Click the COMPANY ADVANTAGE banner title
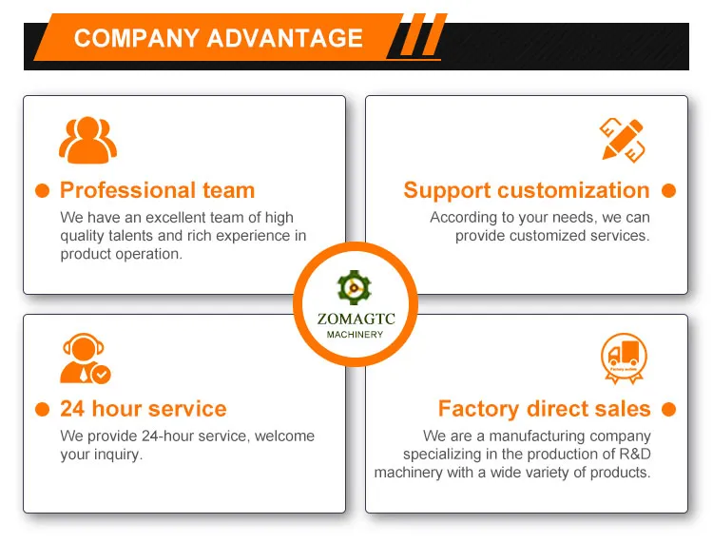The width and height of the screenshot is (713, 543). point(218,38)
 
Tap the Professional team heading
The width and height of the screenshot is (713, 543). point(157,190)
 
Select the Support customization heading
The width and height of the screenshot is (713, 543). point(527,190)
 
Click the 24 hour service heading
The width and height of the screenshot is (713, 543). point(144,409)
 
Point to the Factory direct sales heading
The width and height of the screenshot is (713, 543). point(544,409)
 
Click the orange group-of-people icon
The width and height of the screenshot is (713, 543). point(87,139)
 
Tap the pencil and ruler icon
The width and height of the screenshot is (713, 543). point(623,140)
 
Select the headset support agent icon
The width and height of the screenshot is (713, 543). point(85,359)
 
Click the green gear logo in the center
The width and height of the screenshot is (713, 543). point(356,287)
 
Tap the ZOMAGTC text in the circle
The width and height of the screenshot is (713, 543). point(356,320)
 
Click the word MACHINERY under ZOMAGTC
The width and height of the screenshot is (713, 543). point(356,335)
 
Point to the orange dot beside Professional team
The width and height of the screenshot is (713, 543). point(42,190)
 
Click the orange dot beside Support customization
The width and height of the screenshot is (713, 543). point(668,190)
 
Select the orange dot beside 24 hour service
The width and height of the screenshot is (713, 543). point(42,410)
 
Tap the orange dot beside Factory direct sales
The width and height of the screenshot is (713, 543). point(668,410)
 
